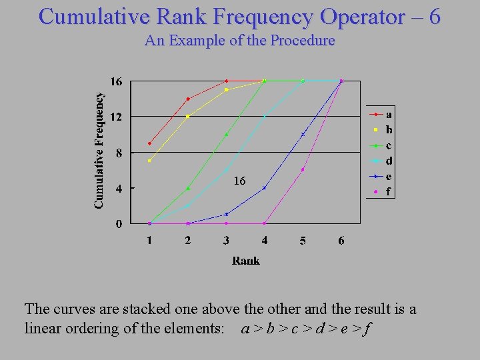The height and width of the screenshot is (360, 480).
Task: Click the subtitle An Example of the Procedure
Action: pyautogui.click(x=239, y=41)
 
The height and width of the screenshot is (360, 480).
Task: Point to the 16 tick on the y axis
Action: pyautogui.click(x=116, y=81)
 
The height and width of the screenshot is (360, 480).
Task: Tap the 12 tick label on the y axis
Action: pyautogui.click(x=116, y=117)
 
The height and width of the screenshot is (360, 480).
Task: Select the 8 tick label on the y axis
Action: pyautogui.click(x=119, y=153)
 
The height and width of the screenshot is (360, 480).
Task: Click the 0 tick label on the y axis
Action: pyautogui.click(x=119, y=224)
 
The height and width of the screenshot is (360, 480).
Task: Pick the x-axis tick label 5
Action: pyautogui.click(x=303, y=240)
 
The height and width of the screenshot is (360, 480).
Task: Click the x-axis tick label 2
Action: pyautogui.click(x=188, y=240)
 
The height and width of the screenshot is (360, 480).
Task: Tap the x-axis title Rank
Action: pyautogui.click(x=245, y=261)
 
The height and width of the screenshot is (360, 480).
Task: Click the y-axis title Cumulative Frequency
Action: pyautogui.click(x=99, y=150)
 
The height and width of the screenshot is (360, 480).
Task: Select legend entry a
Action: pyautogui.click(x=389, y=114)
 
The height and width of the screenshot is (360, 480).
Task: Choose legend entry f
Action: pyautogui.click(x=389, y=192)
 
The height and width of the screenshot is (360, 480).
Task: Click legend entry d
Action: pyautogui.click(x=389, y=161)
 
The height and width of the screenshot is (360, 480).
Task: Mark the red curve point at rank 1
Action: pyautogui.click(x=149, y=143)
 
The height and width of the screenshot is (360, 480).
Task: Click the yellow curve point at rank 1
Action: pyautogui.click(x=149, y=161)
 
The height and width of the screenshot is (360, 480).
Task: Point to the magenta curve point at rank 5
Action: pyautogui.click(x=303, y=169)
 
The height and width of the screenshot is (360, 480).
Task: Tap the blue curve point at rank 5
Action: pyautogui.click(x=303, y=134)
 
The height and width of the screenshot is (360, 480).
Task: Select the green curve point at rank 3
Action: pyautogui.click(x=226, y=134)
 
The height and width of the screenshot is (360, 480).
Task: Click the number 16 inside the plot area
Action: pyautogui.click(x=239, y=181)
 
